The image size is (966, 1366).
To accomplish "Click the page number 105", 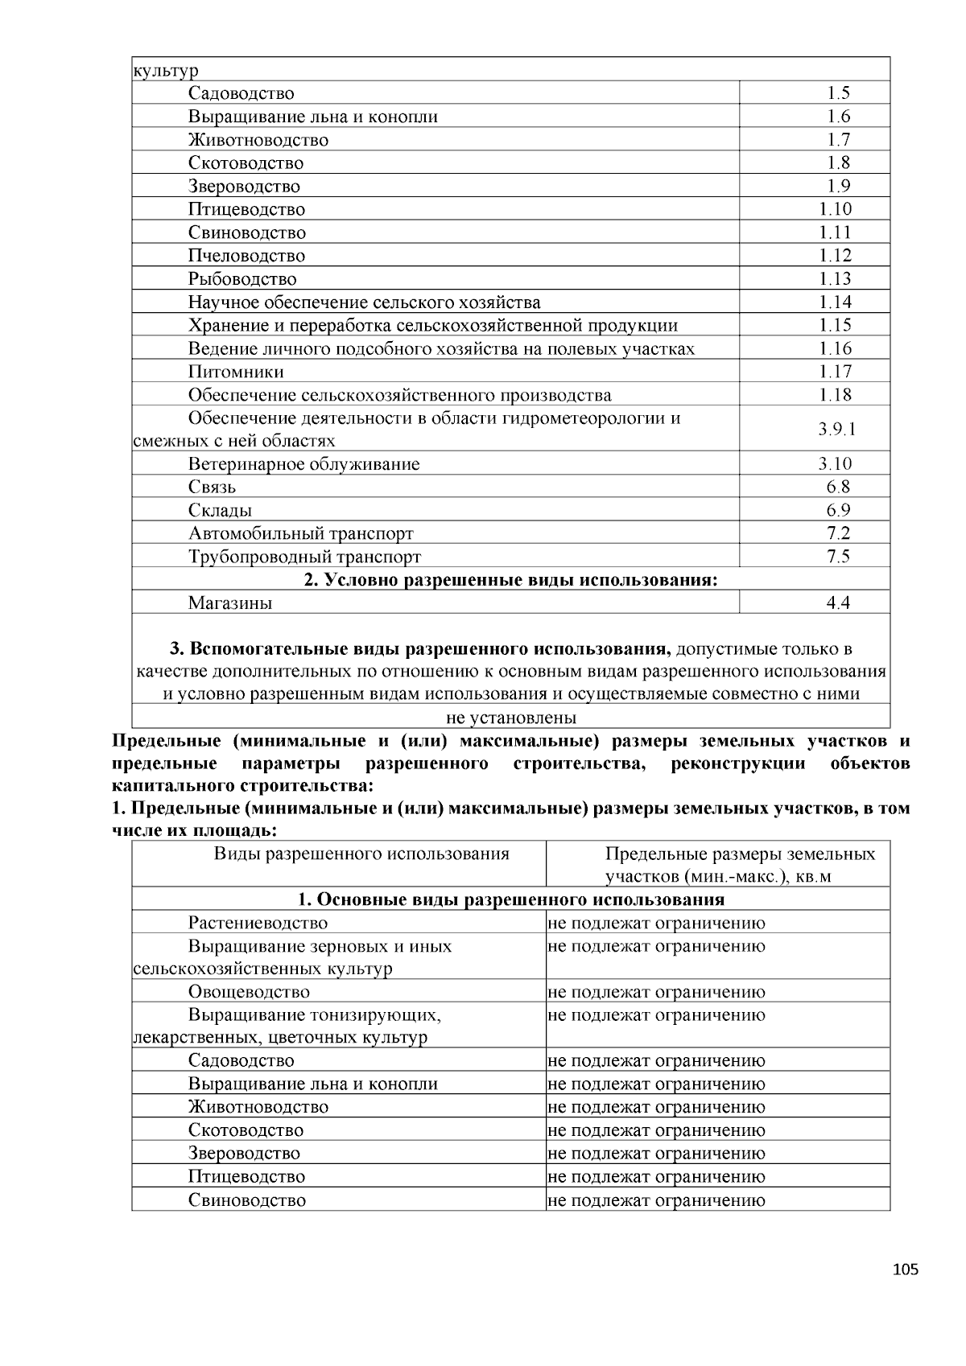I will [905, 1270].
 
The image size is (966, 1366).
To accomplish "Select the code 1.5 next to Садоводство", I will [838, 93].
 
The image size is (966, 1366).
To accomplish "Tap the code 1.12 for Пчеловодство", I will [835, 256].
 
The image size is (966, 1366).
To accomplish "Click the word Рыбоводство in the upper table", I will [242, 279].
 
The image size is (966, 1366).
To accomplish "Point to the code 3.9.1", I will [836, 430].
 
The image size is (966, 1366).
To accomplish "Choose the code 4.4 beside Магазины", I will [838, 603].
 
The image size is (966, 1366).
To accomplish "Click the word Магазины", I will [230, 603].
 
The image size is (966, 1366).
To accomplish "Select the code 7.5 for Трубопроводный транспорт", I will [838, 557].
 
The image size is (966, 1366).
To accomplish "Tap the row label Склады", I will [220, 511].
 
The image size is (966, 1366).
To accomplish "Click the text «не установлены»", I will [511, 718].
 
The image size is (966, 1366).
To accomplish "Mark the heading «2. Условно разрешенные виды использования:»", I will [510, 580].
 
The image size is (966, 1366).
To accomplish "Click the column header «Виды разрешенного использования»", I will [361, 854].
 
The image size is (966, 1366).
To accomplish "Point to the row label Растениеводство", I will [258, 924].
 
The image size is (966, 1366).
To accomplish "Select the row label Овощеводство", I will [249, 992].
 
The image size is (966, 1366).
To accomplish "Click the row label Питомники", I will [236, 372].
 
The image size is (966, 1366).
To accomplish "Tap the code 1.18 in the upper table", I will [835, 395].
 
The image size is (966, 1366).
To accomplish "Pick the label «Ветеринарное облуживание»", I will [303, 464].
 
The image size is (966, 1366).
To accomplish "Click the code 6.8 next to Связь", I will [838, 488].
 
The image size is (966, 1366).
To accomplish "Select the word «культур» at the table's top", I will [165, 71].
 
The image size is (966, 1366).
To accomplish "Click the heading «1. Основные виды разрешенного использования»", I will [510, 899].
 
